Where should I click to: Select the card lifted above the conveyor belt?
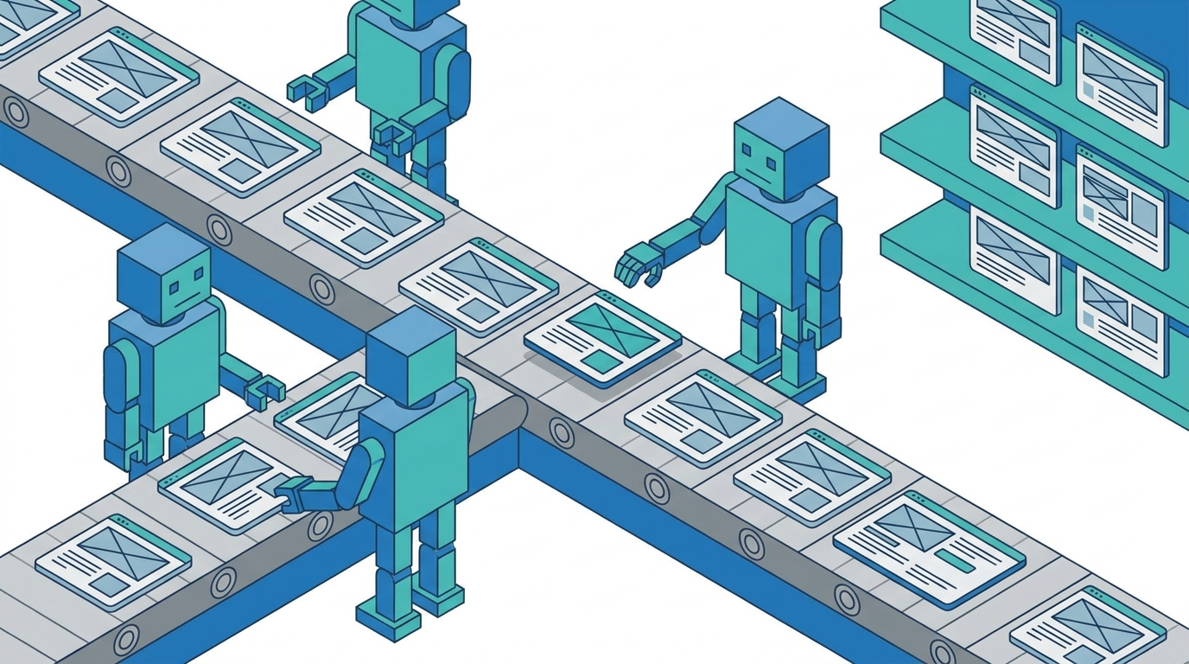601,338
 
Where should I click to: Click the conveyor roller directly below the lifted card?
562,430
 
